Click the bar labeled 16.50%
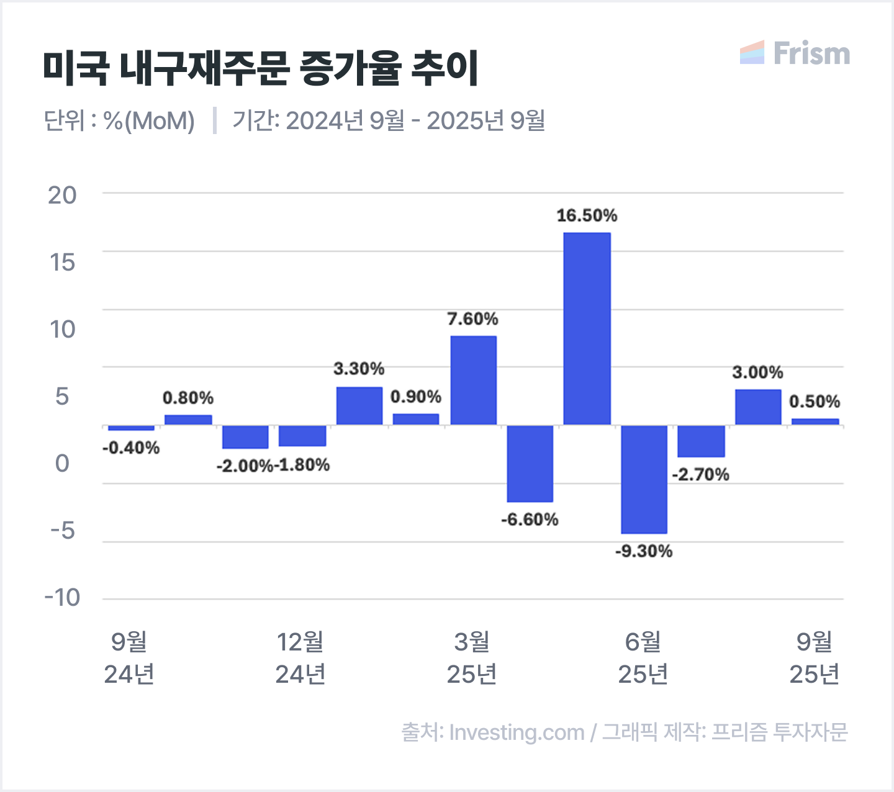pos(587,329)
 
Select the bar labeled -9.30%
pos(644,479)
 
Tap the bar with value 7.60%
pos(473,380)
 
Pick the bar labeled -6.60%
pos(530,464)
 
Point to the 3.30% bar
pos(359,406)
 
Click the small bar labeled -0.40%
pos(131,428)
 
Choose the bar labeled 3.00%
pos(758,407)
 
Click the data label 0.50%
pos(815,402)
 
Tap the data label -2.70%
pos(701,475)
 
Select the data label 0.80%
pos(188,398)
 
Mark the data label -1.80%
pos(302,465)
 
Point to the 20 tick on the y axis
pos(62,196)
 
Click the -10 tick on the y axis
pos(62,598)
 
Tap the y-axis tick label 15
pos(62,263)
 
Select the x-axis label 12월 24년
pos(300,658)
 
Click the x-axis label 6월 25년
pos(643,658)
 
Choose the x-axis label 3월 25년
pos(472,658)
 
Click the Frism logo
pos(795,53)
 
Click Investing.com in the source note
pos(517,732)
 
